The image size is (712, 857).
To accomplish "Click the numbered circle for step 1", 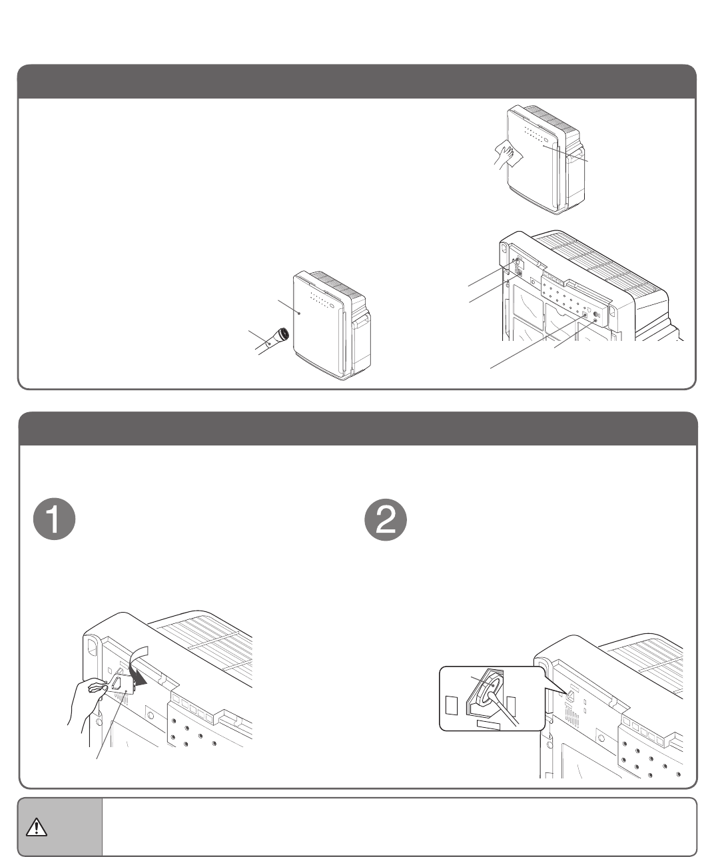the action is [54, 519].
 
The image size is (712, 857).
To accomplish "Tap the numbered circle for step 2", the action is [386, 519].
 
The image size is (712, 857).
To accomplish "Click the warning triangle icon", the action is [37, 826].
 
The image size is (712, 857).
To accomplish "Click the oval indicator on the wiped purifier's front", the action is [547, 141].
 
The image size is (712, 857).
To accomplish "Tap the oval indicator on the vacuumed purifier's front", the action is [332, 306].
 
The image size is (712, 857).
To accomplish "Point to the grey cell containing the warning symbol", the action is [60, 826].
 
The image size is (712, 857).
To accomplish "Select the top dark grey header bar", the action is [356, 81].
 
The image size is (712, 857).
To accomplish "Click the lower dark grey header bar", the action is [358, 429].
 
